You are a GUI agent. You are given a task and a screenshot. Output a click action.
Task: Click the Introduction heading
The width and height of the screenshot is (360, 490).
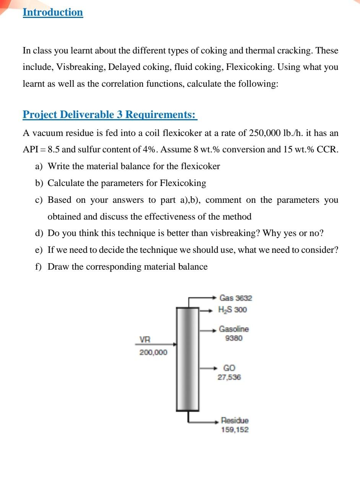click(53, 12)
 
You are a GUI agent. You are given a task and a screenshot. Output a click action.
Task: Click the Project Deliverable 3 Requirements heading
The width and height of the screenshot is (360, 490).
click(110, 114)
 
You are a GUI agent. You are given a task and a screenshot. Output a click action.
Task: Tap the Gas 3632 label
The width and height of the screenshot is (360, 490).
click(235, 298)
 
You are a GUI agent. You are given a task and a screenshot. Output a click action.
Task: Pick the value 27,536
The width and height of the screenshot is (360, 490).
click(229, 377)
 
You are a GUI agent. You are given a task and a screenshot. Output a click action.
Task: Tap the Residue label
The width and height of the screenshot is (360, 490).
click(235, 420)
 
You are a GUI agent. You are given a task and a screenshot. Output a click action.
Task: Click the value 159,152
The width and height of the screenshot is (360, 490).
click(235, 430)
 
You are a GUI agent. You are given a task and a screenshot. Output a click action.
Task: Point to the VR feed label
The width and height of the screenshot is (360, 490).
click(145, 340)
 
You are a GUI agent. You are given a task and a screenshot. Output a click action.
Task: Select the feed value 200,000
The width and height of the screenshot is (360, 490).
click(153, 352)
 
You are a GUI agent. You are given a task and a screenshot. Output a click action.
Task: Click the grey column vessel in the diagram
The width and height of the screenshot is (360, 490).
click(188, 359)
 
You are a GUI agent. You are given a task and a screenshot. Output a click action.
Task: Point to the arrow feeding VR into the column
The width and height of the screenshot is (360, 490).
click(161, 344)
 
